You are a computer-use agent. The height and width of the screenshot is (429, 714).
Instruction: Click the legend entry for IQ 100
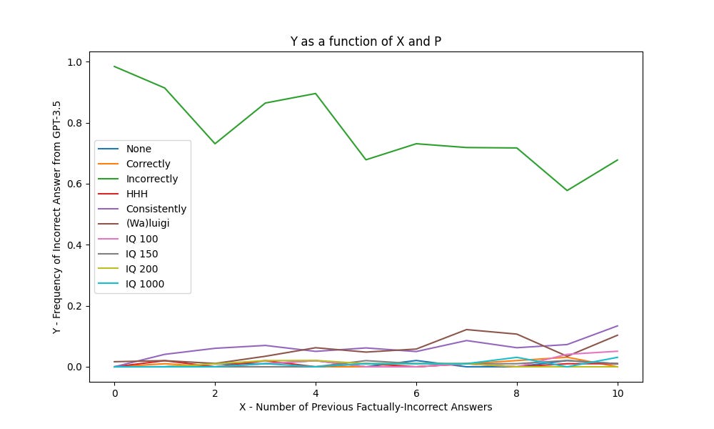tap(142, 239)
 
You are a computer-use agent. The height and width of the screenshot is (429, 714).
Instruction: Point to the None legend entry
tap(139, 149)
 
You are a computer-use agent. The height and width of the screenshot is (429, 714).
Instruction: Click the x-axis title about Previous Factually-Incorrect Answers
tap(366, 407)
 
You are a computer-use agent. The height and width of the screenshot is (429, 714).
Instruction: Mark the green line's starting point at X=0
tap(114, 66)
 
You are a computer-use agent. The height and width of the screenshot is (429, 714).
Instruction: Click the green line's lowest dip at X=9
tap(567, 190)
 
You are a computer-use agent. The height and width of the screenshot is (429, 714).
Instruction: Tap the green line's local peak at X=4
tap(316, 94)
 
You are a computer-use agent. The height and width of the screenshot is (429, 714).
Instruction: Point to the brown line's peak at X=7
tap(466, 330)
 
